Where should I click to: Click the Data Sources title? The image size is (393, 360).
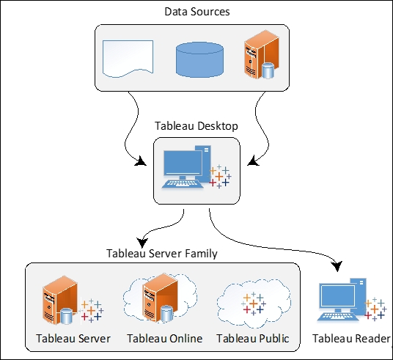coord(197,12)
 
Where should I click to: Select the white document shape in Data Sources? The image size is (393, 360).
coord(128,59)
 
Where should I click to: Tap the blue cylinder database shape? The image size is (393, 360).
coord(199,59)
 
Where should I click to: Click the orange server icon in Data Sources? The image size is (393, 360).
coord(262,54)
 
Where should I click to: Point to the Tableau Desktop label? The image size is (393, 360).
coord(196,126)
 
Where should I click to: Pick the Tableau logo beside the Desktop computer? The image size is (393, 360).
coord(220,177)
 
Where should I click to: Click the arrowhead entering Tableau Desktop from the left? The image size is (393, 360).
coord(141,161)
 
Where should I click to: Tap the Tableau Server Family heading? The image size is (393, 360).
coord(162,253)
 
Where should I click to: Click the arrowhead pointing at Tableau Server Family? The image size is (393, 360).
coord(143,242)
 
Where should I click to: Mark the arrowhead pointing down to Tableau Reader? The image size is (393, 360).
coord(337,266)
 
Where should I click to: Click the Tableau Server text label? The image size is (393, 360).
coord(73,339)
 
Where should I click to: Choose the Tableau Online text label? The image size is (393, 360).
coord(165,339)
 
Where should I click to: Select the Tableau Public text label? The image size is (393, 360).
coord(253,339)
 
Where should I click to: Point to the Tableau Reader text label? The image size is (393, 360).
coord(351,339)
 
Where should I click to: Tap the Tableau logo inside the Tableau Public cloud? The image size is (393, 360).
coord(254,304)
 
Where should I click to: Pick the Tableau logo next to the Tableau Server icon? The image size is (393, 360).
coord(92,311)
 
